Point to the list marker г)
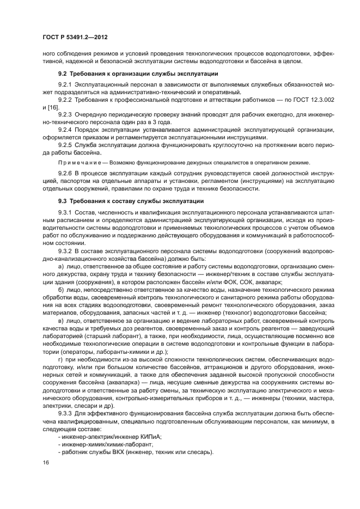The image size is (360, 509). [61, 360]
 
